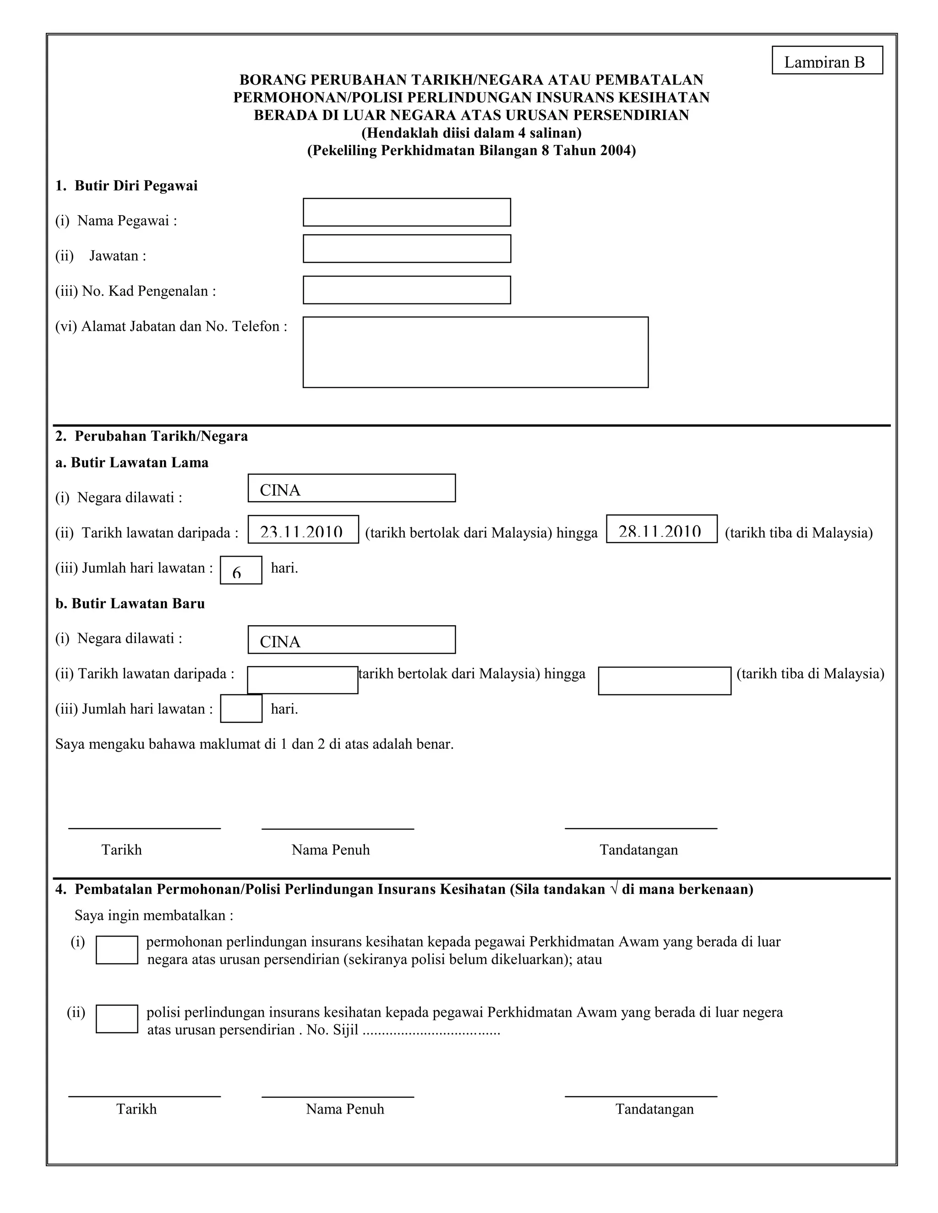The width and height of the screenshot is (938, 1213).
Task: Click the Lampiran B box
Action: (827, 60)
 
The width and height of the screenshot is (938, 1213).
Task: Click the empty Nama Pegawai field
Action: (406, 212)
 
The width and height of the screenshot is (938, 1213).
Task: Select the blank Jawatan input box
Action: (406, 248)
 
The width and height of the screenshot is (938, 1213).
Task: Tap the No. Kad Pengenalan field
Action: (406, 290)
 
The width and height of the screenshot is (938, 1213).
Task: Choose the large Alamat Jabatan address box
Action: (475, 352)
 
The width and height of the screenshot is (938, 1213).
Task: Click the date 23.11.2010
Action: (302, 531)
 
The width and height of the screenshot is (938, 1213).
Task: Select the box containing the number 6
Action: (240, 570)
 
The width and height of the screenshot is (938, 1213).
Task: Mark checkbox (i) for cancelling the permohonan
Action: (117, 950)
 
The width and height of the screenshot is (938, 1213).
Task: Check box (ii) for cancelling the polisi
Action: (117, 1018)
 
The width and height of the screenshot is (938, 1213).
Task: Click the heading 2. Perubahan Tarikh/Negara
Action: (151, 436)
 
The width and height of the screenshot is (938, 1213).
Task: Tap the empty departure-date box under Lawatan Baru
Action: (302, 680)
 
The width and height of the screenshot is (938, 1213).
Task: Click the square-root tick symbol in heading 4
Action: (613, 889)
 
